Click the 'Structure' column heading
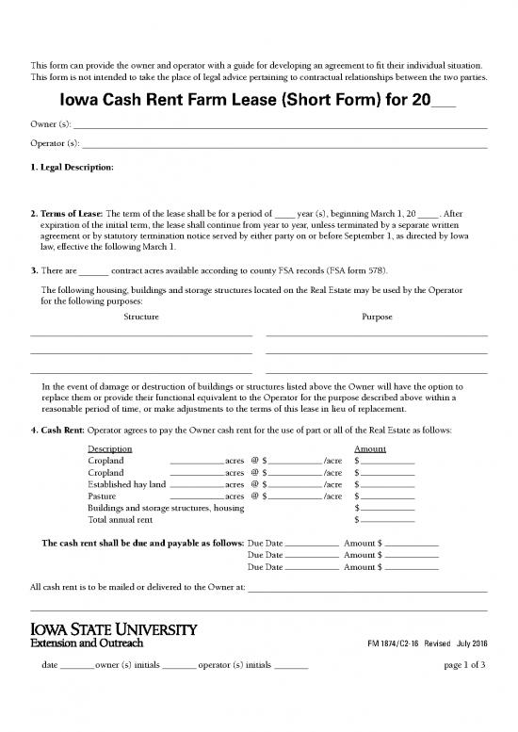coord(141,317)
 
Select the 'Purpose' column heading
coord(377,317)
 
